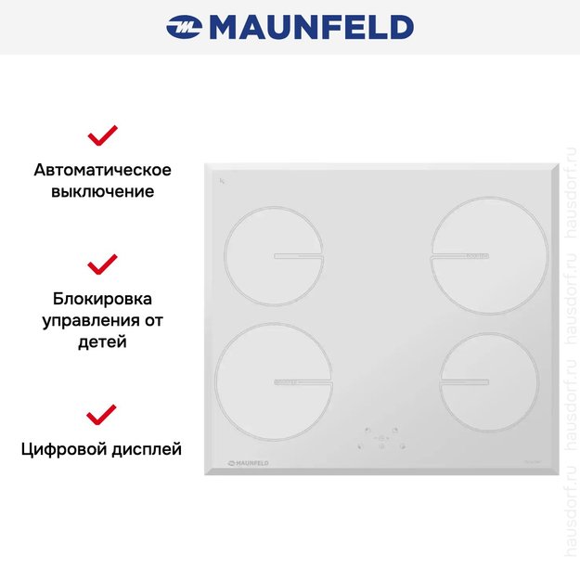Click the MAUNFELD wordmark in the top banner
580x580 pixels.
(x=311, y=27)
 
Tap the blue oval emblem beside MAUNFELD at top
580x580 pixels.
(x=184, y=28)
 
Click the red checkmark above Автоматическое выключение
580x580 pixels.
(x=102, y=136)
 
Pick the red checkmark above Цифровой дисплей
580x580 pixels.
(x=102, y=414)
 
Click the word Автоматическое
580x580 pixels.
(x=102, y=170)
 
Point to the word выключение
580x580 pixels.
(x=102, y=192)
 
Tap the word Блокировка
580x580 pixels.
(x=102, y=299)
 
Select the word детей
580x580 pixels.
(x=102, y=342)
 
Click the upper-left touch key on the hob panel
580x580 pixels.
(x=367, y=431)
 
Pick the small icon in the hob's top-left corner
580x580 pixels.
(x=222, y=179)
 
